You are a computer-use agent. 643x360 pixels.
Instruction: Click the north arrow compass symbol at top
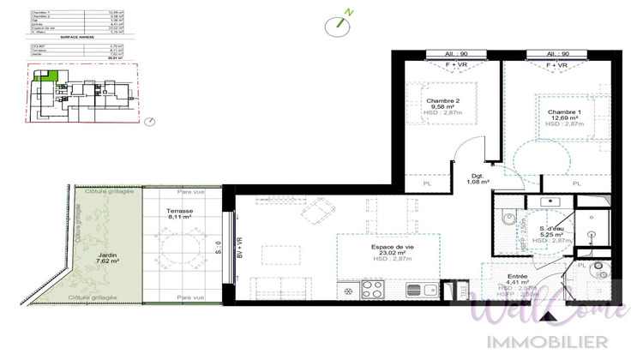(x=337, y=24)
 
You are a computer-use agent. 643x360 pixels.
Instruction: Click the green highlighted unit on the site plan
(x=53, y=76)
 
